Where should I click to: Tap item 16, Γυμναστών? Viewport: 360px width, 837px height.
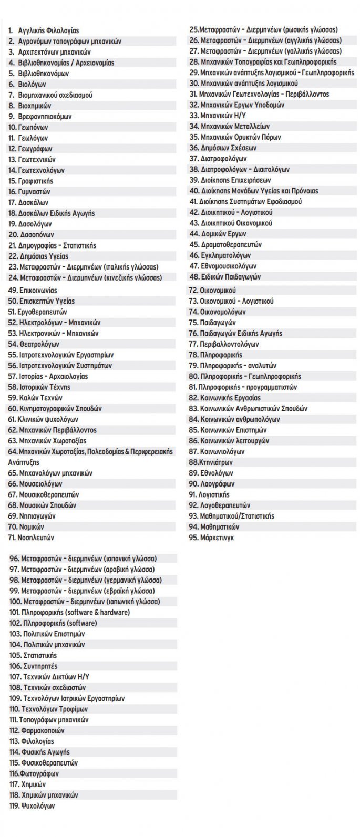click(x=29, y=192)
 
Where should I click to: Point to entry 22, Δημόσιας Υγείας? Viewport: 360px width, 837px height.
click(x=38, y=256)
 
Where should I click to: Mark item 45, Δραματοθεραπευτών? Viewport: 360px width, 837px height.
click(x=225, y=245)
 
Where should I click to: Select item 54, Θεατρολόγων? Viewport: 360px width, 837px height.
click(x=33, y=344)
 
